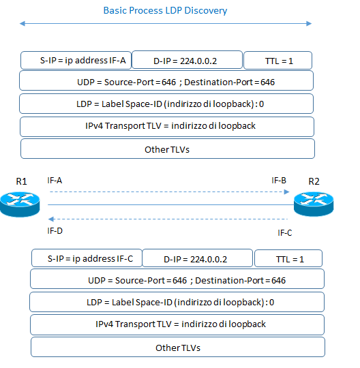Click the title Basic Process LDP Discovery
(x=165, y=11)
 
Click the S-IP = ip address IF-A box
(x=76, y=60)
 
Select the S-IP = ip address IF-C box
(x=86, y=259)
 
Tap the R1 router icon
(x=21, y=203)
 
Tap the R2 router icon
(x=314, y=203)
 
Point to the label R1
(x=22, y=181)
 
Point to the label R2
(x=314, y=181)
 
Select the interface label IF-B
(x=279, y=181)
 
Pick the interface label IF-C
(x=285, y=233)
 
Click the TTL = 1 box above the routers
(x=277, y=60)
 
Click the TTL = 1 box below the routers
(x=288, y=259)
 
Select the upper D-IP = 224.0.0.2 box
(x=187, y=60)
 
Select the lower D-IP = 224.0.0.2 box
(x=196, y=259)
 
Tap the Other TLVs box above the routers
(x=167, y=149)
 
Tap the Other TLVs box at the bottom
(x=177, y=347)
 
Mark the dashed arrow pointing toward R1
(x=167, y=219)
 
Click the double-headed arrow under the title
(x=166, y=25)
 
